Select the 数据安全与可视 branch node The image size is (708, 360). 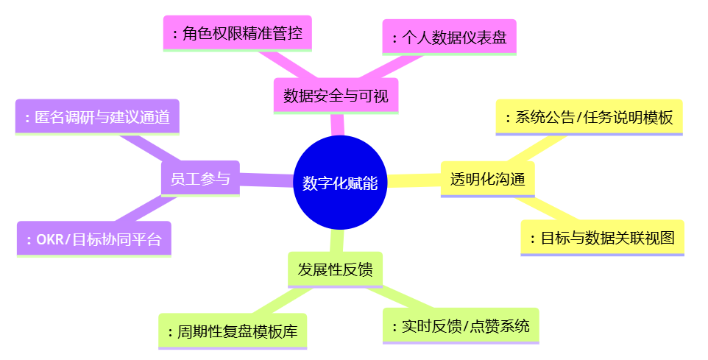[336, 95]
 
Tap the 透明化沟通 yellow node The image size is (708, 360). [487, 179]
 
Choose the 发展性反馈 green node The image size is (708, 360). [335, 269]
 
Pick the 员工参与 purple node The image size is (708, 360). [200, 178]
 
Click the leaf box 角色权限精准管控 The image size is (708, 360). [237, 33]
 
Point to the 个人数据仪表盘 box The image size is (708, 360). [449, 37]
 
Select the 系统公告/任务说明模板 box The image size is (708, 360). [589, 117]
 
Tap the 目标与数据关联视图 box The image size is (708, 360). [602, 238]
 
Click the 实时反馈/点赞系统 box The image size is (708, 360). [461, 325]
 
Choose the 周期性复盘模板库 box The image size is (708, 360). [233, 331]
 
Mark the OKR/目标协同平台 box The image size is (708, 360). [94, 239]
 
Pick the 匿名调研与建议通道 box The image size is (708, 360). [97, 116]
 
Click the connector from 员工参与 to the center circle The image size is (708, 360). [266, 180]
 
